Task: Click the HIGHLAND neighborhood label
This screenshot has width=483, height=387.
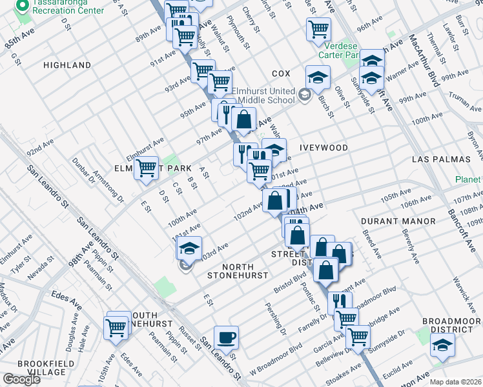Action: point(67,65)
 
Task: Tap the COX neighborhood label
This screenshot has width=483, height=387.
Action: point(281,74)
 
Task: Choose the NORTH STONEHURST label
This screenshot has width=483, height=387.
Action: point(236,271)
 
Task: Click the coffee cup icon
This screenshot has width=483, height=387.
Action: point(226,337)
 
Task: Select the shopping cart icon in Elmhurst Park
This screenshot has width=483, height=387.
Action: point(147,168)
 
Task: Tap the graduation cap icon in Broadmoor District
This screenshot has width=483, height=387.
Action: point(443,348)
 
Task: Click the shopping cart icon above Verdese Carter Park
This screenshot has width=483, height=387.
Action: point(318,29)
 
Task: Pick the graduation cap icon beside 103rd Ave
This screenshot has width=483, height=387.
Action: point(189,248)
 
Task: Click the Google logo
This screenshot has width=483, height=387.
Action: point(21,379)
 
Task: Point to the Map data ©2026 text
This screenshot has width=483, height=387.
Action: point(455,382)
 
